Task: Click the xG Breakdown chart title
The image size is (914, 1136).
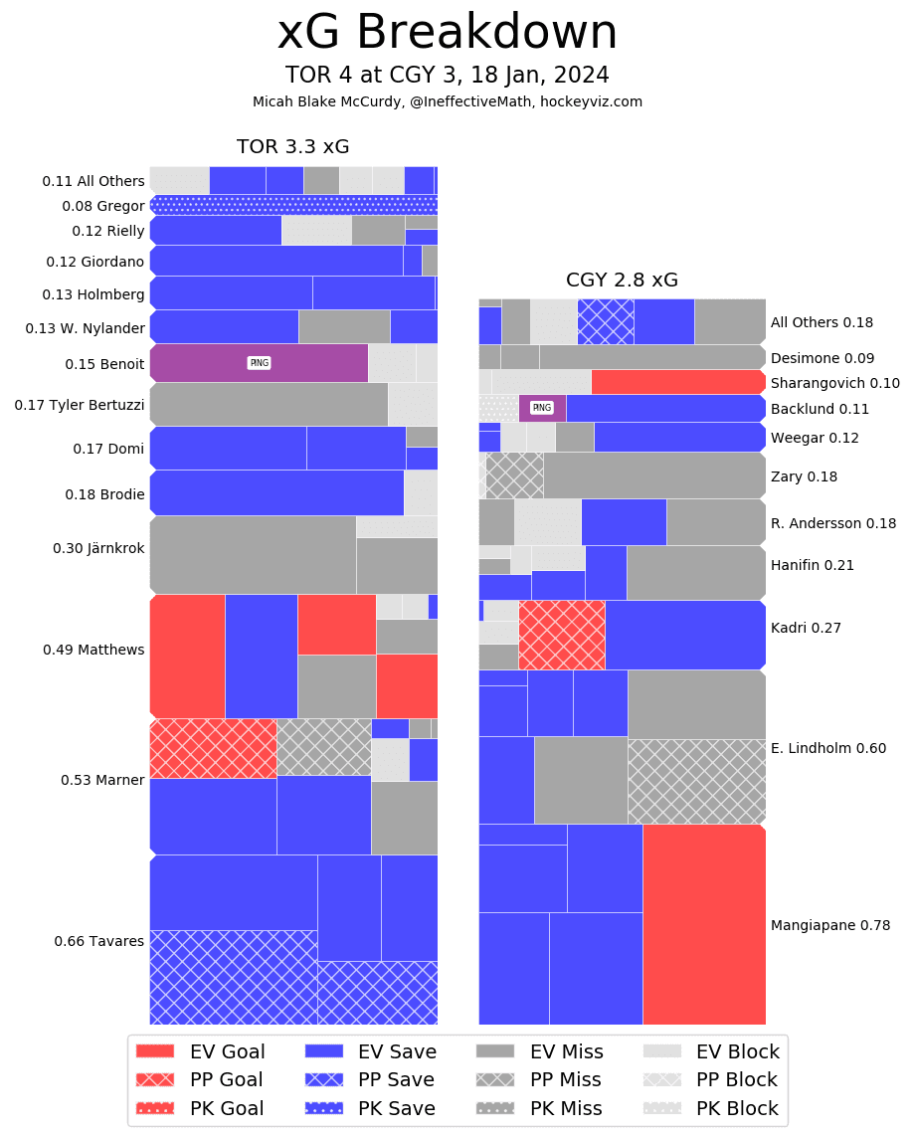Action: (x=447, y=33)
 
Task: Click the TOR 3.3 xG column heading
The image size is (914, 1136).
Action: (x=292, y=147)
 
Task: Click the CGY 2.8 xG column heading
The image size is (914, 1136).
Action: (x=622, y=281)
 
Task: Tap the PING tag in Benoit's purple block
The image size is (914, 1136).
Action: (x=259, y=363)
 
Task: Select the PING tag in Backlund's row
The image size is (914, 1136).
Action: (x=541, y=408)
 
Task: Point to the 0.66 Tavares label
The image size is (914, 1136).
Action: (x=98, y=941)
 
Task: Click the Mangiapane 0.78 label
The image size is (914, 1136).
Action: (x=829, y=925)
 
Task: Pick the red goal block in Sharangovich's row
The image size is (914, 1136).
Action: (x=677, y=382)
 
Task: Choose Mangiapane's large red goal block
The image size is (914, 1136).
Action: (x=703, y=924)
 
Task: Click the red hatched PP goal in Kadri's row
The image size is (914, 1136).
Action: (x=561, y=635)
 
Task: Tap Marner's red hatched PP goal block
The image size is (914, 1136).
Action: (x=213, y=748)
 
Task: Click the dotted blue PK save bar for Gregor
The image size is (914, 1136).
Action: (x=293, y=205)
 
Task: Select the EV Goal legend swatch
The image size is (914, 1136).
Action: (x=154, y=1051)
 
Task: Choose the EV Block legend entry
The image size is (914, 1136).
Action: (x=710, y=1051)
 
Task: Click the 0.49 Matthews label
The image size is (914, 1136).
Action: (x=93, y=650)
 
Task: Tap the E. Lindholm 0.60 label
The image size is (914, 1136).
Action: (x=827, y=748)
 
